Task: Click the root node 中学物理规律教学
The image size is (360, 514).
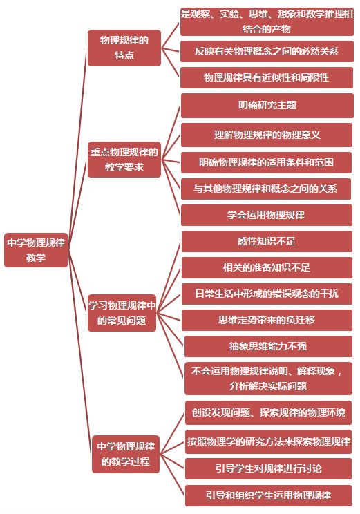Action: (36, 250)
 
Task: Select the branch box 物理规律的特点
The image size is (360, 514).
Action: (124, 48)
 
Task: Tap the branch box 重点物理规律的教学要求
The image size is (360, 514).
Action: (124, 160)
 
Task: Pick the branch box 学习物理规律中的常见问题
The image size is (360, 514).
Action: (122, 313)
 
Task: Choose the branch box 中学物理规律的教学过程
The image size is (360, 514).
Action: (126, 454)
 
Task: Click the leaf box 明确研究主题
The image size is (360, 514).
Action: (267, 106)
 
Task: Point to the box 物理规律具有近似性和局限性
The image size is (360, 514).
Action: (267, 77)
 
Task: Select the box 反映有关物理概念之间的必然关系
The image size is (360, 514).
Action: (267, 51)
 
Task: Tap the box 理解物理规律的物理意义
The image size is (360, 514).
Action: (267, 135)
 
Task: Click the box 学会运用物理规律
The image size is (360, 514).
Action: (267, 215)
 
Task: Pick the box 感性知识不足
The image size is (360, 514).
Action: (267, 242)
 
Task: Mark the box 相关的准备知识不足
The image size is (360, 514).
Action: (267, 268)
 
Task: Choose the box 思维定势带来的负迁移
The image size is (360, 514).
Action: (267, 320)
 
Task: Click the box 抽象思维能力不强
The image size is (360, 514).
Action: (268, 346)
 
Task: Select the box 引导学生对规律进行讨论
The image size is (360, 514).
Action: (268, 469)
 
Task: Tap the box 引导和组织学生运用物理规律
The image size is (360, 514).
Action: (268, 495)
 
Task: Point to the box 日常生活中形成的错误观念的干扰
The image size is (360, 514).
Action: (267, 294)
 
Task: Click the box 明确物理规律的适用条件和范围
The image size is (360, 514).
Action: (266, 162)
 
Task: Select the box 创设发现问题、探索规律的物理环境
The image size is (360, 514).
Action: (268, 412)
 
